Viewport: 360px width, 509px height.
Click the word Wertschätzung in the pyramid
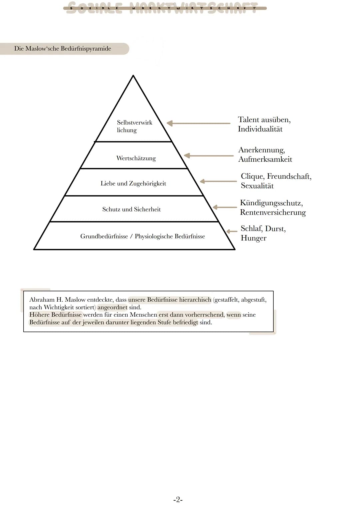coord(136,158)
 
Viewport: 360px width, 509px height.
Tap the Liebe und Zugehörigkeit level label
coord(133,183)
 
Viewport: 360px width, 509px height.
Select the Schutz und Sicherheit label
coord(131,209)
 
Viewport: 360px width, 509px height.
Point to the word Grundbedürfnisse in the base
coord(104,236)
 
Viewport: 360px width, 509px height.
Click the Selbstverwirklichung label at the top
coord(134,126)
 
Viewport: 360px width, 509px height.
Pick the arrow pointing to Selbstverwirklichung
coord(198,123)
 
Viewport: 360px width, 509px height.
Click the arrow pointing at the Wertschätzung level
coord(209,156)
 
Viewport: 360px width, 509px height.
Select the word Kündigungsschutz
coord(271,203)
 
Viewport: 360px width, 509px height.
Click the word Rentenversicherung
coord(273,212)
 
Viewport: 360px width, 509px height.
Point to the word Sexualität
coord(257,186)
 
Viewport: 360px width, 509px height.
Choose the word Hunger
coord(253,238)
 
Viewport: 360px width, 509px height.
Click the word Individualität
coord(260,129)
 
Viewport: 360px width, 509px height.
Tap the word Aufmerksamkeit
coord(265,159)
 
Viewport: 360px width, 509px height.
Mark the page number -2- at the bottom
coord(178,499)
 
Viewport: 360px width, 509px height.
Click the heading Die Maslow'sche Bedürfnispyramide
coord(63,49)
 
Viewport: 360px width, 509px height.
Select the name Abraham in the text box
coord(42,300)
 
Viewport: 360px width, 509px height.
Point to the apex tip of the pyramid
coord(133,76)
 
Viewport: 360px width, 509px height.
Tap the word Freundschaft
coord(289,176)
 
